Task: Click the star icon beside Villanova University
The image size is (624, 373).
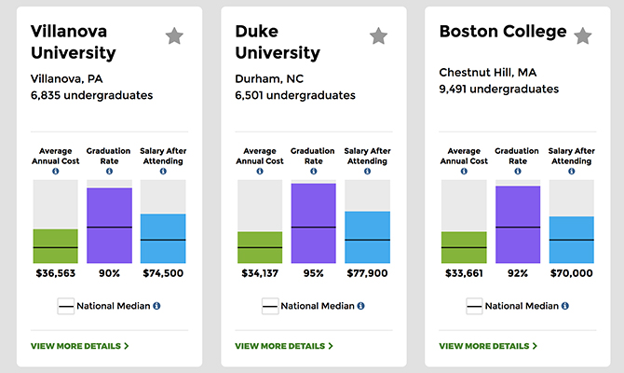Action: point(174,36)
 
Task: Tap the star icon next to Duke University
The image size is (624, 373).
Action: point(378,36)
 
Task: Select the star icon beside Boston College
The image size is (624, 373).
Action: point(582,36)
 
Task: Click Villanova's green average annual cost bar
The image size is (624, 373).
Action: point(56,245)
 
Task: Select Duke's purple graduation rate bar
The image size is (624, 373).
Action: point(313,223)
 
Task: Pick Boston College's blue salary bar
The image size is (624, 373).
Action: point(571,240)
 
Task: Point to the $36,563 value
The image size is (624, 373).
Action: point(56,273)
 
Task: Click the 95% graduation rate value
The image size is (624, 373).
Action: point(313,273)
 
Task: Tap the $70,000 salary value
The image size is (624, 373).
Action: point(571,273)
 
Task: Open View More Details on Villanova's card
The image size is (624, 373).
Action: point(79,346)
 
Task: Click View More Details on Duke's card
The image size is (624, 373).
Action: point(283,346)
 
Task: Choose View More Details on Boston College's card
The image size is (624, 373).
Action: point(487,346)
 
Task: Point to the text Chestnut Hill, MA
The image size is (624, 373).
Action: point(487,73)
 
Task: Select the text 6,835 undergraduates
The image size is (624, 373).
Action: point(91,95)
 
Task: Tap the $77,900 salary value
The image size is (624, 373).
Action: point(367,273)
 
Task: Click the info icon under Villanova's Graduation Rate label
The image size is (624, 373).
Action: point(109,172)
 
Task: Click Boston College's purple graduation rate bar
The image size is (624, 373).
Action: point(518,224)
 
